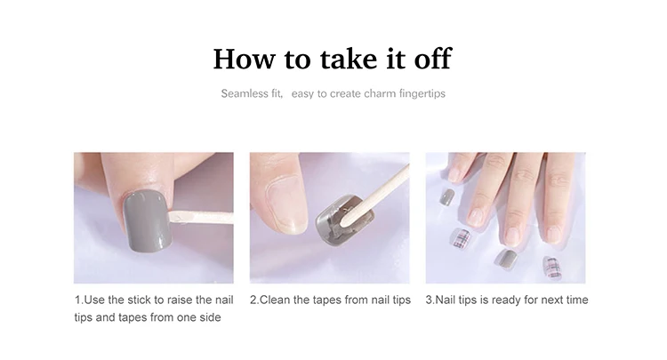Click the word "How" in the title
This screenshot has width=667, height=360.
click(x=245, y=59)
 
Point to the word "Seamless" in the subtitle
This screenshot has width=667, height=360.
click(x=239, y=93)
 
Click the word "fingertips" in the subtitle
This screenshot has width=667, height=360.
click(x=422, y=93)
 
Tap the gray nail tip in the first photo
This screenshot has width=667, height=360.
click(x=148, y=221)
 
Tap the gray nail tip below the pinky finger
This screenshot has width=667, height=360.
click(x=446, y=197)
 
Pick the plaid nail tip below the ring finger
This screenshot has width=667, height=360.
click(x=461, y=238)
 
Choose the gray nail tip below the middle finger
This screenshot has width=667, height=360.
click(x=506, y=259)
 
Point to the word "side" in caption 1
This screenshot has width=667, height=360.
click(x=211, y=317)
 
